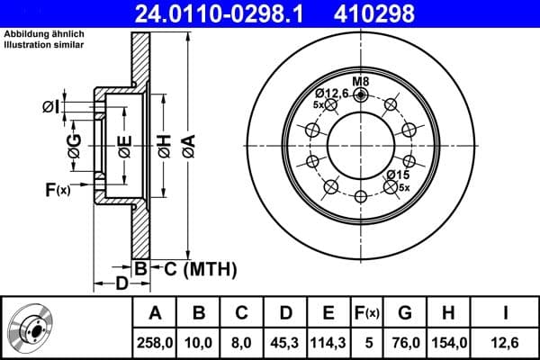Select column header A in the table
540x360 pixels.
[x=155, y=313]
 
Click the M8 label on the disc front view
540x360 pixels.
[x=360, y=83]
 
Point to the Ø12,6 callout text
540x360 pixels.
[x=331, y=93]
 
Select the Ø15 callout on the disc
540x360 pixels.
[x=398, y=174]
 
